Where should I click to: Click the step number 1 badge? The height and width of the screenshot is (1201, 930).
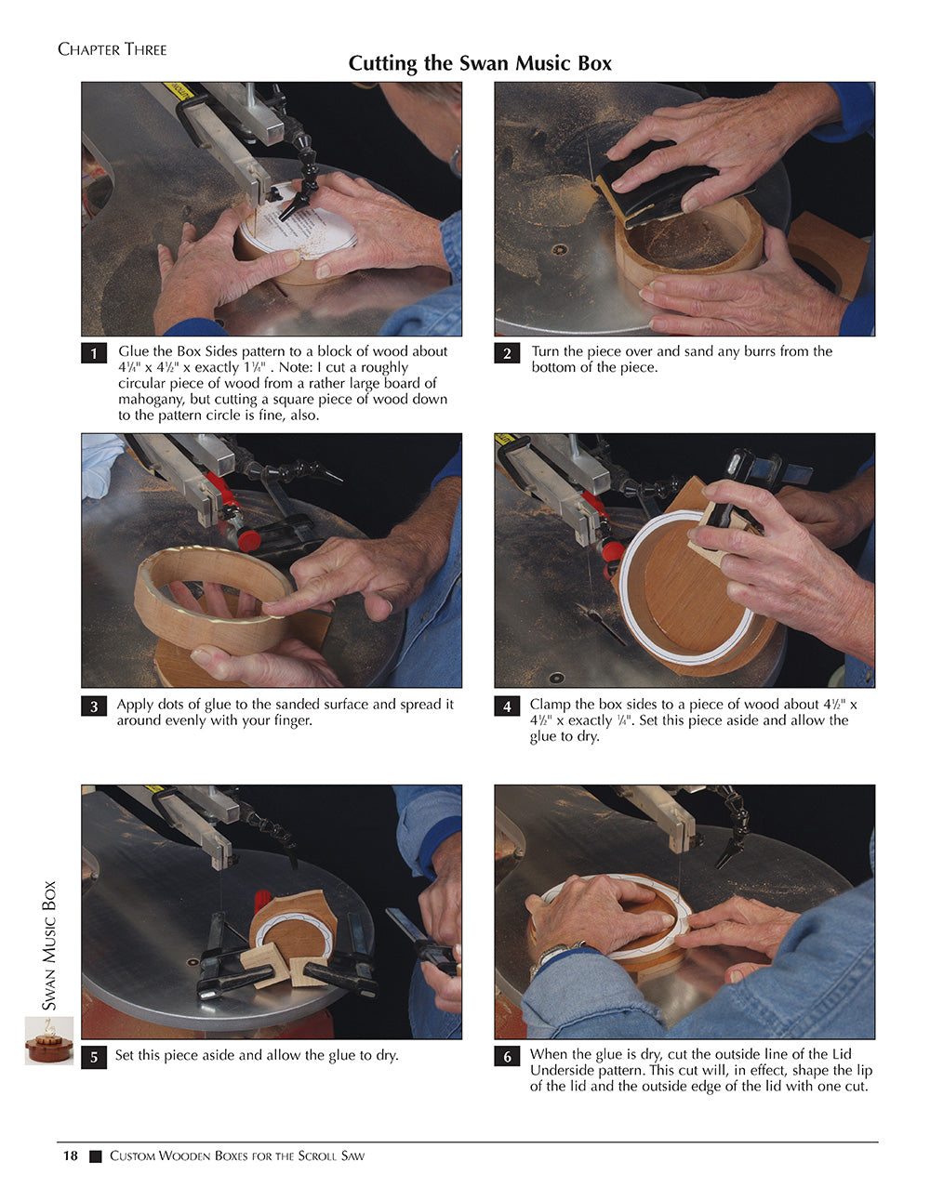tap(94, 354)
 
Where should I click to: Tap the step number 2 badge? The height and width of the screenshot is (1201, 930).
tap(507, 354)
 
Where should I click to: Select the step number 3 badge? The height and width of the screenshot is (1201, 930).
tap(94, 706)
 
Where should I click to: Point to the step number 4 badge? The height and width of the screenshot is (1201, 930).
tap(507, 706)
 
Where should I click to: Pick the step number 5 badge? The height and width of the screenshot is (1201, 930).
tap(94, 1057)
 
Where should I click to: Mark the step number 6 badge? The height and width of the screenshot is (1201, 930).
tap(507, 1057)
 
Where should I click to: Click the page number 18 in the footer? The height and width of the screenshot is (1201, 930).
tap(71, 1155)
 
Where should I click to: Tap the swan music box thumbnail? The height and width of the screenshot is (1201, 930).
tap(48, 1041)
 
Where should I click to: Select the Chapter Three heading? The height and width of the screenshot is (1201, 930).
tap(113, 50)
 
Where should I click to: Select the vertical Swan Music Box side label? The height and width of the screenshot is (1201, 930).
tap(49, 946)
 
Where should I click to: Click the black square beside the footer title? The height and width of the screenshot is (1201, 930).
tap(95, 1156)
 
